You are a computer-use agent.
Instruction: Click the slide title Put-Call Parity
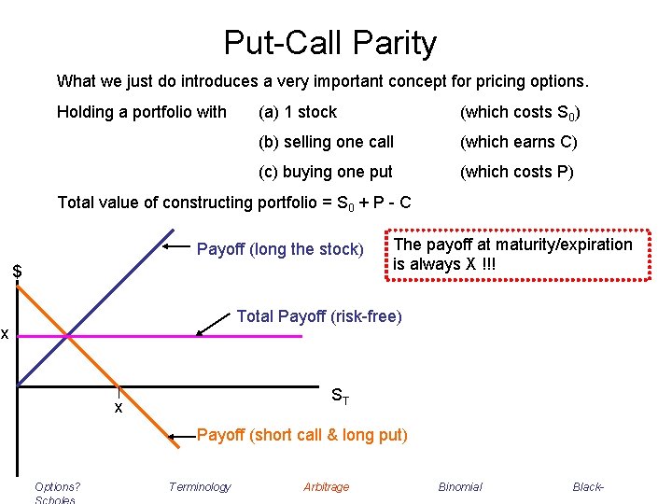329,43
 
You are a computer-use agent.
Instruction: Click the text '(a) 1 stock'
298,112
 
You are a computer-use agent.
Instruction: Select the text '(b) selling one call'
326,142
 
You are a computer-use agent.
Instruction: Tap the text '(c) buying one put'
325,172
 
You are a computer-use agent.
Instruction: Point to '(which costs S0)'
519,112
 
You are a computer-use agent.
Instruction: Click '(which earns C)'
518,142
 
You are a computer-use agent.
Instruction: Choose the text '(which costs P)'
516,172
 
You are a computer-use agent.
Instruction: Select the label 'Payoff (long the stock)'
279,249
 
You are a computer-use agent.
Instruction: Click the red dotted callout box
511,254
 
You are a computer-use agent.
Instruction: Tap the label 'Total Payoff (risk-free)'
319,316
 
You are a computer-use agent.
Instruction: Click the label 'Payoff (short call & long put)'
302,435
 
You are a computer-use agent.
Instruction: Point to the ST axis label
341,396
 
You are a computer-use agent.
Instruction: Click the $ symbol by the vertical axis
17,272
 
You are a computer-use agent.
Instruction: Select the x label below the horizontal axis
119,408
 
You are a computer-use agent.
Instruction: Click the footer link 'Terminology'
200,486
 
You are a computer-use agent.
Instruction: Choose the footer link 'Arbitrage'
326,486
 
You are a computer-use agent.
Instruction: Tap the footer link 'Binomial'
460,486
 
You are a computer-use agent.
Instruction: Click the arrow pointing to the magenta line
214,325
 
